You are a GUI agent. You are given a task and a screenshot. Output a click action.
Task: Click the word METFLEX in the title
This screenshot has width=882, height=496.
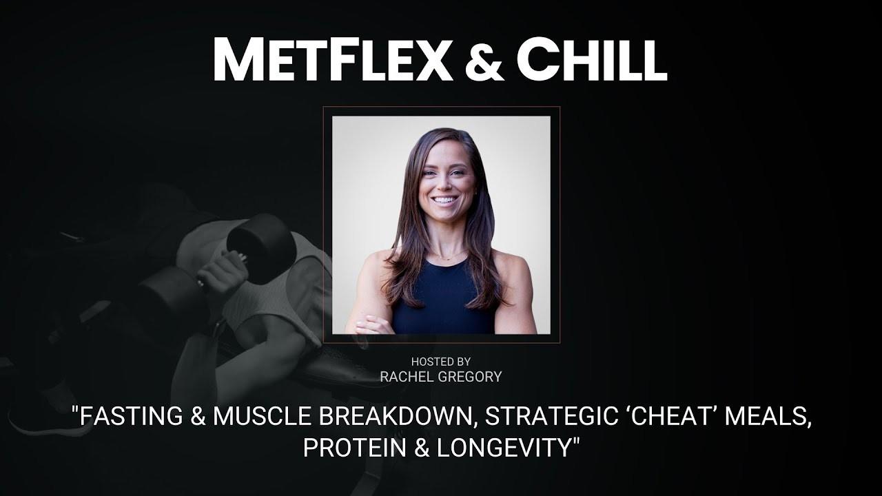(332, 59)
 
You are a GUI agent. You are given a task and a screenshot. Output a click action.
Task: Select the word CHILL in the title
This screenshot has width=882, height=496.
(591, 59)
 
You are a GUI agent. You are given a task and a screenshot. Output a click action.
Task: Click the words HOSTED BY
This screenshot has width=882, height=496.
(440, 362)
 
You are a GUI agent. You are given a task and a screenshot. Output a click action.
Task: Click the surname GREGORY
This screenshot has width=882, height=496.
(470, 377)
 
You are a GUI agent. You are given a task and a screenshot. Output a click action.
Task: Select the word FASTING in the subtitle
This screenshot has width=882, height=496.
(131, 415)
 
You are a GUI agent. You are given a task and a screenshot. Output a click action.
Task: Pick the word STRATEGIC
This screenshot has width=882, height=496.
(551, 415)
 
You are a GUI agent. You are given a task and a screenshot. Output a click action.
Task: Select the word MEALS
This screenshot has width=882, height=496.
(768, 417)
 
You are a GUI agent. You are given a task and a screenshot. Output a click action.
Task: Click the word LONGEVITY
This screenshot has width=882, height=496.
(504, 447)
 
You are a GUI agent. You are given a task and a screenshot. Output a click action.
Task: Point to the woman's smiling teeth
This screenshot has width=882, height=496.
(445, 200)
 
